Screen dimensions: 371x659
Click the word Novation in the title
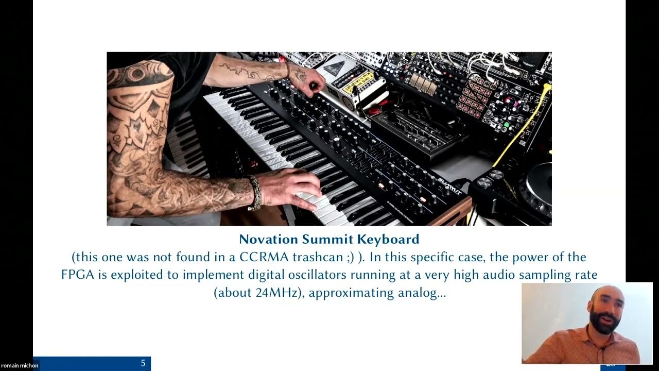pos(268,240)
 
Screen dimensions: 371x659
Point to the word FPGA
pos(77,275)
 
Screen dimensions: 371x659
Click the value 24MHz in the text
pos(278,293)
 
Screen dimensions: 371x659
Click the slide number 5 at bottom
pos(143,363)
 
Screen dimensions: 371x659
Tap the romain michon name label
pos(20,365)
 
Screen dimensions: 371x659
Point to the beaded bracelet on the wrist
pos(254,193)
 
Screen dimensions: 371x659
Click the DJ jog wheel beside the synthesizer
pos(538,185)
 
